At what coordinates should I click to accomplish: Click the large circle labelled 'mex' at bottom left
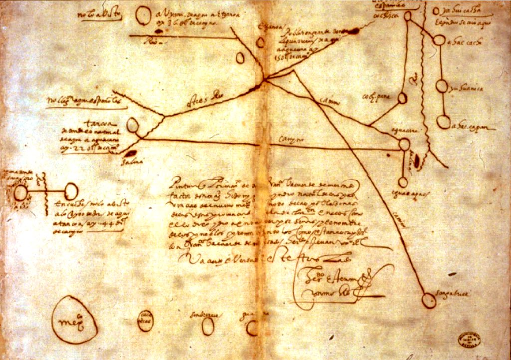tap(75, 319)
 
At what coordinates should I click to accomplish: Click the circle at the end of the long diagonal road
tap(428, 300)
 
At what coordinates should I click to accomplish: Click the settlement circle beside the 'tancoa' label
tap(132, 125)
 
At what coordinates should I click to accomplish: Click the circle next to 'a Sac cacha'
tap(438, 40)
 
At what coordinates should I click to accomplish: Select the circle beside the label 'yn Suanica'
tap(442, 86)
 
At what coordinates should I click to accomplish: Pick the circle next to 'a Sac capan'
tap(443, 122)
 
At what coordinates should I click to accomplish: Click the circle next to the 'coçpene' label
tap(402, 98)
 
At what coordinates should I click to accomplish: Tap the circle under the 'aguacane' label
tap(404, 144)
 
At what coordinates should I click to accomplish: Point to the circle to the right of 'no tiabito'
tap(143, 16)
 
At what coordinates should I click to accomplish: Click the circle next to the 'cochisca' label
tap(408, 16)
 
